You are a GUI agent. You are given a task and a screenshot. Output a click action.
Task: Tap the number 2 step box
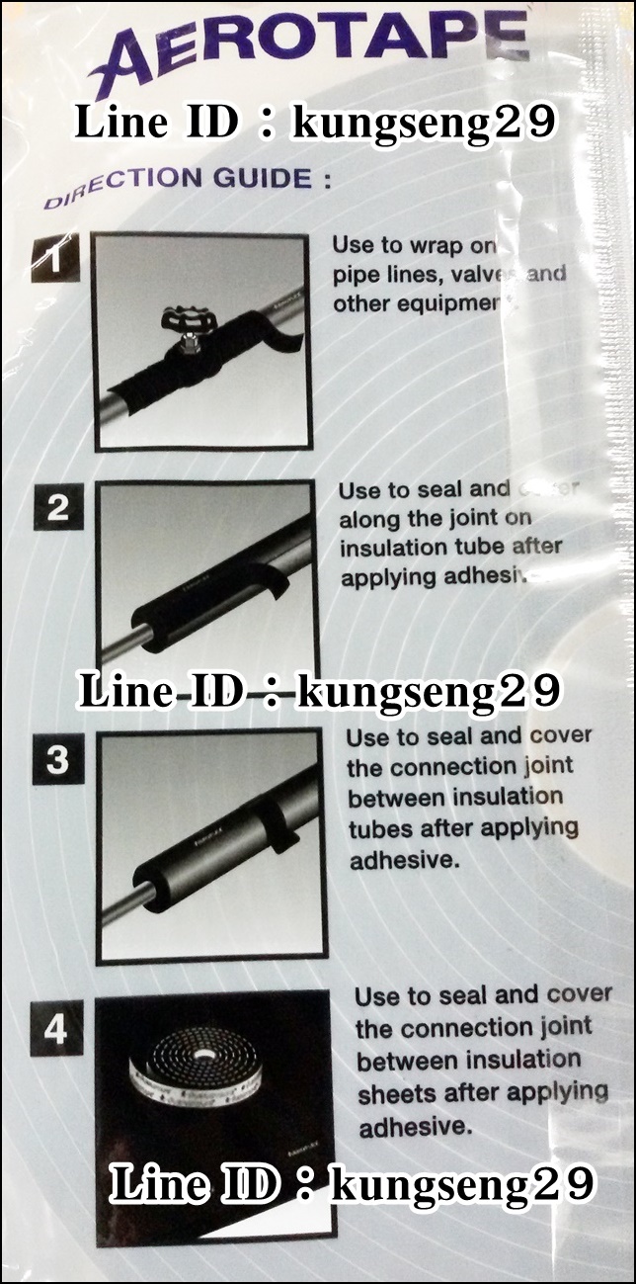click(x=58, y=508)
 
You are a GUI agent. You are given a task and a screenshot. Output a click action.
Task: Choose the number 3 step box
click(x=58, y=761)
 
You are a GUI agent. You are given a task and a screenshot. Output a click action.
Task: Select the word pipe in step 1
click(x=353, y=275)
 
